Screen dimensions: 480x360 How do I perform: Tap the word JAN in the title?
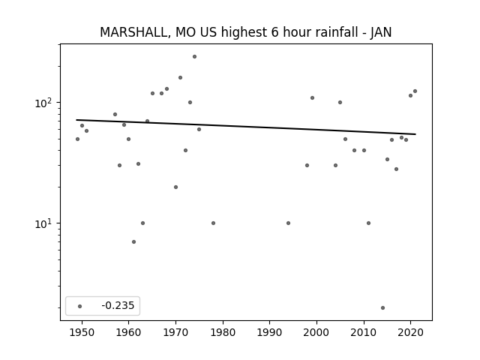[381, 32]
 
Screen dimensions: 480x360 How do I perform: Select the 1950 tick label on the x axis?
[82, 332]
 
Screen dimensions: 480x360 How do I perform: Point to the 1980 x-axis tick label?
[223, 332]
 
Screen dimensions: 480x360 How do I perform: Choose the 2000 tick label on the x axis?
[316, 332]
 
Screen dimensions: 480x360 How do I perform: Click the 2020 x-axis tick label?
[411, 332]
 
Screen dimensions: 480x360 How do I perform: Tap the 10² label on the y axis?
[45, 103]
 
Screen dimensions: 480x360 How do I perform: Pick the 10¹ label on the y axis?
[45, 223]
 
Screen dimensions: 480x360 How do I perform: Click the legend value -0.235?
[118, 305]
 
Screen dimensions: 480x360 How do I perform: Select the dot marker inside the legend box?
[80, 306]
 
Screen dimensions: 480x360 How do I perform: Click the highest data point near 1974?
[194, 57]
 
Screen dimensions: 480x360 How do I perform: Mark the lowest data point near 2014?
[382, 308]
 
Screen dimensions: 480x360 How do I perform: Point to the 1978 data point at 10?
[213, 223]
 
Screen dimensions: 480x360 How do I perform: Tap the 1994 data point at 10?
[288, 223]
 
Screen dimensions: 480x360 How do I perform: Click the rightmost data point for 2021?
[415, 91]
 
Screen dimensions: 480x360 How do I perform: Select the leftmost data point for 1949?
[77, 139]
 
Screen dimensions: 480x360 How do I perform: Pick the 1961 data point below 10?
[133, 241]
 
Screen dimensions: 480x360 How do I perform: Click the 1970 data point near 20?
[175, 187]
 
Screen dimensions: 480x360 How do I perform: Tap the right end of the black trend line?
[415, 134]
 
